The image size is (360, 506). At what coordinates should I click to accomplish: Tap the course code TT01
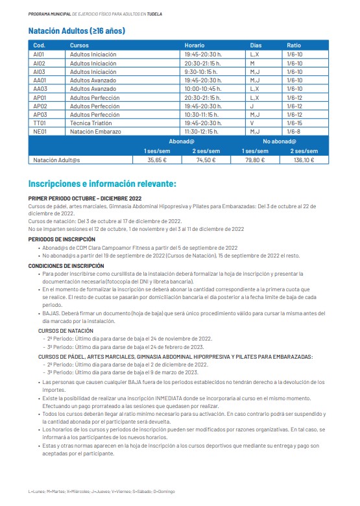(40, 122)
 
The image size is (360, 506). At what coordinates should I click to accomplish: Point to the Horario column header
(195, 45)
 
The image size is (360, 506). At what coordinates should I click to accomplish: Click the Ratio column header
(294, 45)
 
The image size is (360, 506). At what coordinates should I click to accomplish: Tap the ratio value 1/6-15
(295, 122)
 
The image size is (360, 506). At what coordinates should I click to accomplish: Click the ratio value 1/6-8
(294, 130)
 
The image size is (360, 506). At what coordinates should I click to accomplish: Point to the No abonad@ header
(279, 140)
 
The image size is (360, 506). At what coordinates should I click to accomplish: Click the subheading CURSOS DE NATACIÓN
(66, 330)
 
